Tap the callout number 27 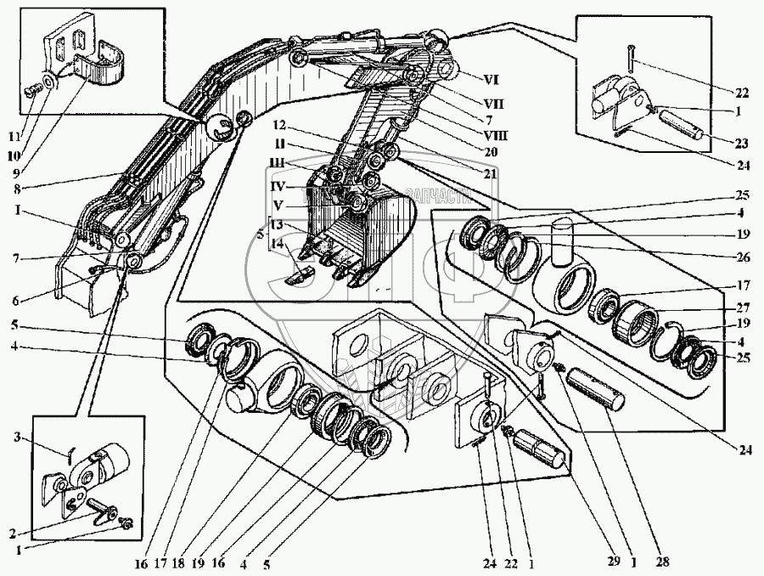point(741,309)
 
